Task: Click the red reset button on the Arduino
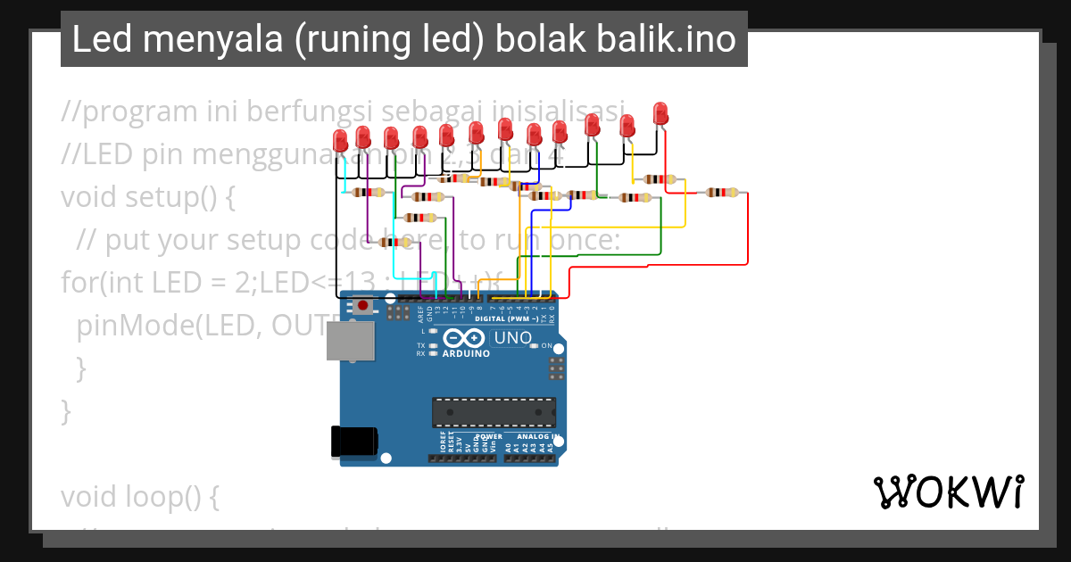point(363,307)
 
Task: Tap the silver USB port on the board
point(350,341)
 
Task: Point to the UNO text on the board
point(512,338)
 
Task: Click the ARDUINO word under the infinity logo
point(466,353)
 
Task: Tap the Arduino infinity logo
point(465,338)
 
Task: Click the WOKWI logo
point(948,492)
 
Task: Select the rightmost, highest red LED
point(660,113)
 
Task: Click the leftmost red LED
point(340,140)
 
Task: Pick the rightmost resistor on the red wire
point(721,192)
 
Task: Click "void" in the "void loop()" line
point(88,496)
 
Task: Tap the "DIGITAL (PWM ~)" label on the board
point(506,318)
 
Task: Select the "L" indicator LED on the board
point(433,331)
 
